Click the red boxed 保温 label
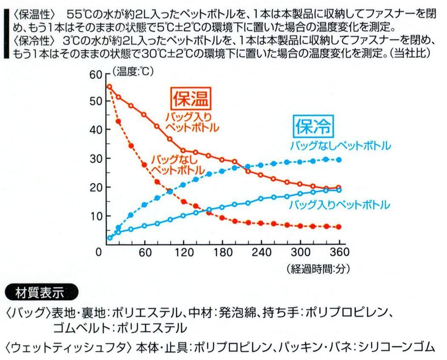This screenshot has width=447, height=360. (x=190, y=98)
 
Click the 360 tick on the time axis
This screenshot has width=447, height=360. (x=339, y=252)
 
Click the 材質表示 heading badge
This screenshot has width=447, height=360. (x=40, y=292)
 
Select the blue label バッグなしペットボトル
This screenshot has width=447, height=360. (x=340, y=146)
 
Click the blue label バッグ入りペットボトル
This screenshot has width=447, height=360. (x=339, y=205)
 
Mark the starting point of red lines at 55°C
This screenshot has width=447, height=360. (x=109, y=87)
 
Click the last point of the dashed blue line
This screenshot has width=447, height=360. (x=339, y=160)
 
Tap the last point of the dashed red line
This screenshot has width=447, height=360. (x=339, y=227)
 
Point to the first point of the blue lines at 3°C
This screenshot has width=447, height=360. (x=109, y=238)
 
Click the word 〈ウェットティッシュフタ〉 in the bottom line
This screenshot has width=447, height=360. (x=68, y=346)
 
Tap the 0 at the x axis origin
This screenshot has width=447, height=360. (x=99, y=252)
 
